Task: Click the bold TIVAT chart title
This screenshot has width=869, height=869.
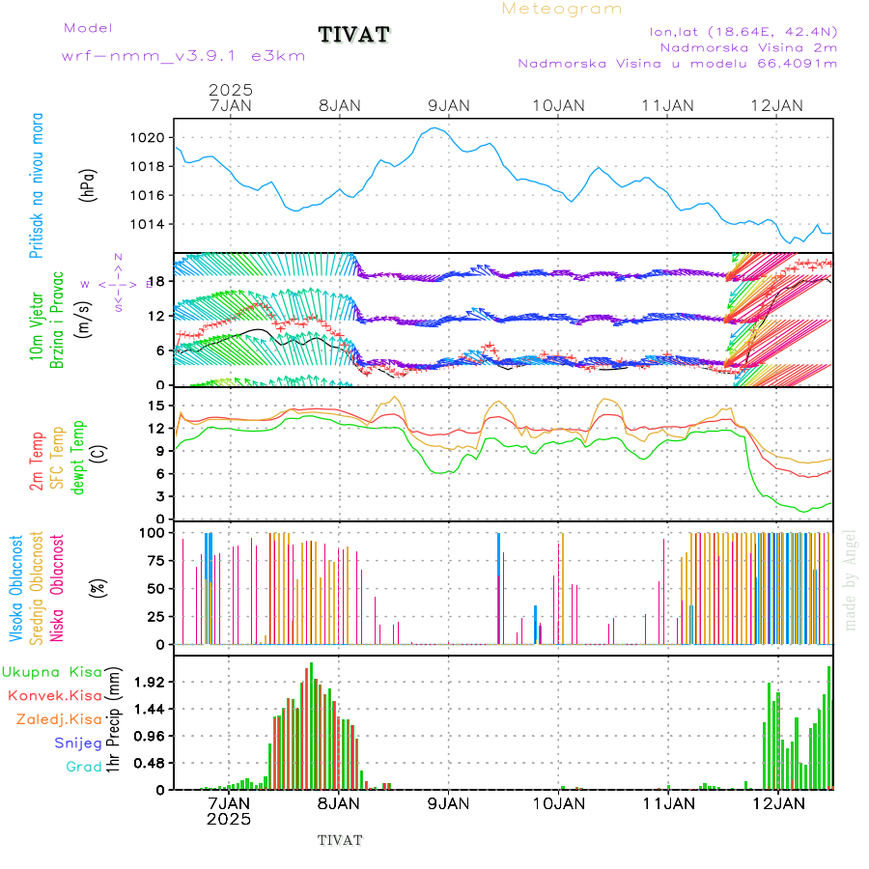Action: coord(354,36)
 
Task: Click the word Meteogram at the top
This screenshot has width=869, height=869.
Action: coord(562,9)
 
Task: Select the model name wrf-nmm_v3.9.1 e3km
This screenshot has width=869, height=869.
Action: coord(183,56)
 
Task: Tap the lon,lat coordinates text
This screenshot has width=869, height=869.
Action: coord(743,30)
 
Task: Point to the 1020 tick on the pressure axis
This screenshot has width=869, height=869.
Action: coord(150,138)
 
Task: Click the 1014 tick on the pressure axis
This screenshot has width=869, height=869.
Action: coord(150,225)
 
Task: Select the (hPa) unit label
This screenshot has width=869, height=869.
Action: coord(90,183)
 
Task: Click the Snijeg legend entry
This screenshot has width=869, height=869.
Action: coord(77,743)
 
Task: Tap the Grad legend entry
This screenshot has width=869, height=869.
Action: coord(83,768)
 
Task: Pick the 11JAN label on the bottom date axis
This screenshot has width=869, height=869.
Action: coord(667,802)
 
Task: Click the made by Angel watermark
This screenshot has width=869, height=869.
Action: coord(851,579)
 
